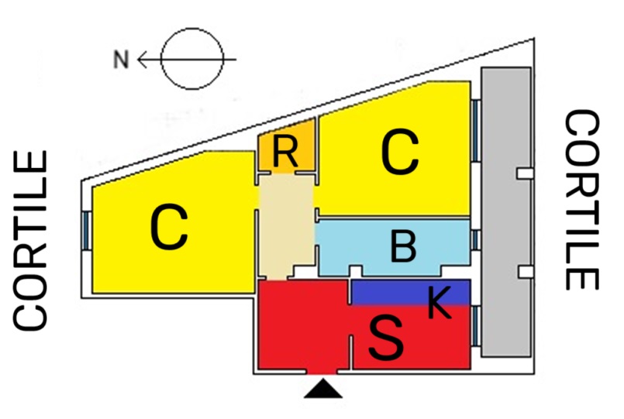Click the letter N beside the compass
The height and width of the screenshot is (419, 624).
[121, 59]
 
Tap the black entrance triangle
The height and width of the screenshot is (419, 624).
[323, 388]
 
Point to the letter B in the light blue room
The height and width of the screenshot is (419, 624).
[403, 248]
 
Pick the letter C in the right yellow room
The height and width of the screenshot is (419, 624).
[400, 153]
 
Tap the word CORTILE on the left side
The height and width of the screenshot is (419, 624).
[31, 239]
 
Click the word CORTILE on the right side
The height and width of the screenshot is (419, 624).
[581, 200]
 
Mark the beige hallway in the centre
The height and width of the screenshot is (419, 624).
[285, 225]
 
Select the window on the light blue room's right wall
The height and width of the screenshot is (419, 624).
[474, 239]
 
